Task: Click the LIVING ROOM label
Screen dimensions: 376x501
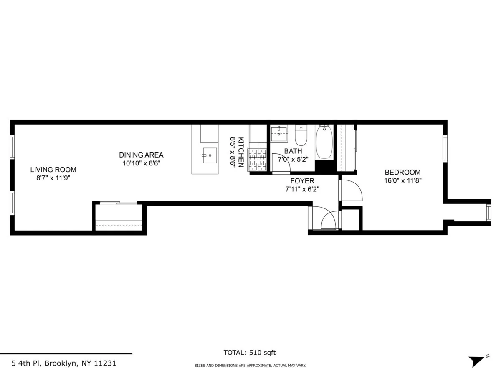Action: tap(53, 170)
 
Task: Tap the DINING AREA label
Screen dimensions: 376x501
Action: tap(141, 155)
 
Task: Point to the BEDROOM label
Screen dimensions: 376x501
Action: tap(402, 172)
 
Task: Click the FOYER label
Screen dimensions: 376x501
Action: tap(302, 181)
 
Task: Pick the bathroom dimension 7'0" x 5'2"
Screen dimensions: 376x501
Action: tap(293, 159)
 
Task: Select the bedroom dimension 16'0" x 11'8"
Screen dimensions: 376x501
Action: tap(402, 181)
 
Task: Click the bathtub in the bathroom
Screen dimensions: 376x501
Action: tap(324, 142)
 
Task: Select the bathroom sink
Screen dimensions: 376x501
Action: tap(279, 134)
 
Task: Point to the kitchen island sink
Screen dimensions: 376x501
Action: tap(210, 155)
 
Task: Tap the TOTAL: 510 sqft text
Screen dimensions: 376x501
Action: tap(250, 353)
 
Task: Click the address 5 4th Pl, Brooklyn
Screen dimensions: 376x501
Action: tap(63, 363)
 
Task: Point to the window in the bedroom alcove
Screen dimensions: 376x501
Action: tap(488, 212)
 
